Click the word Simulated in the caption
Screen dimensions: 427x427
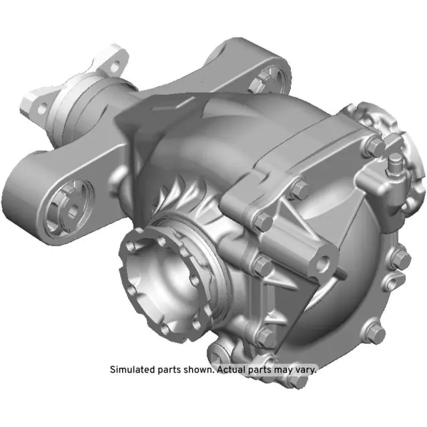[131, 369]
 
